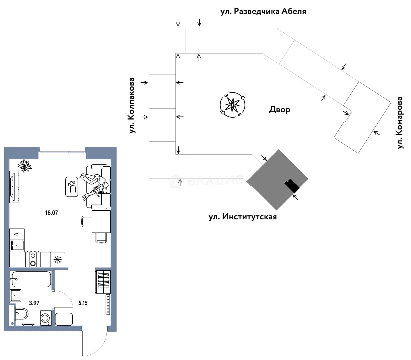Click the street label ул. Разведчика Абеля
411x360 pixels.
[263, 11]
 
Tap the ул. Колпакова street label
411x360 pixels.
[132, 105]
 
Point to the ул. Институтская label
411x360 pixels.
[242, 217]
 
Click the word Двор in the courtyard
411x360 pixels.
[279, 110]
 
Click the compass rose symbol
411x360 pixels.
[232, 105]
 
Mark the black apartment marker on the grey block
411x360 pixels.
[292, 186]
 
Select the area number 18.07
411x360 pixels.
[51, 213]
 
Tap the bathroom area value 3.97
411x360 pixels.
[34, 303]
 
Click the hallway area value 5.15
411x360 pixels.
[83, 303]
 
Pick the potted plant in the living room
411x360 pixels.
[25, 166]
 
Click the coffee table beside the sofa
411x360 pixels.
[72, 187]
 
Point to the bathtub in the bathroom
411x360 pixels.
[31, 279]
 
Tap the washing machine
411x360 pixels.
[46, 318]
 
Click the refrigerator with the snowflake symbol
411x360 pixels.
[58, 260]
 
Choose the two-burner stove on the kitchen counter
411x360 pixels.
[33, 259]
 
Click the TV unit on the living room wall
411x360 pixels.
[14, 187]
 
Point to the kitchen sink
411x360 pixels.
[17, 245]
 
